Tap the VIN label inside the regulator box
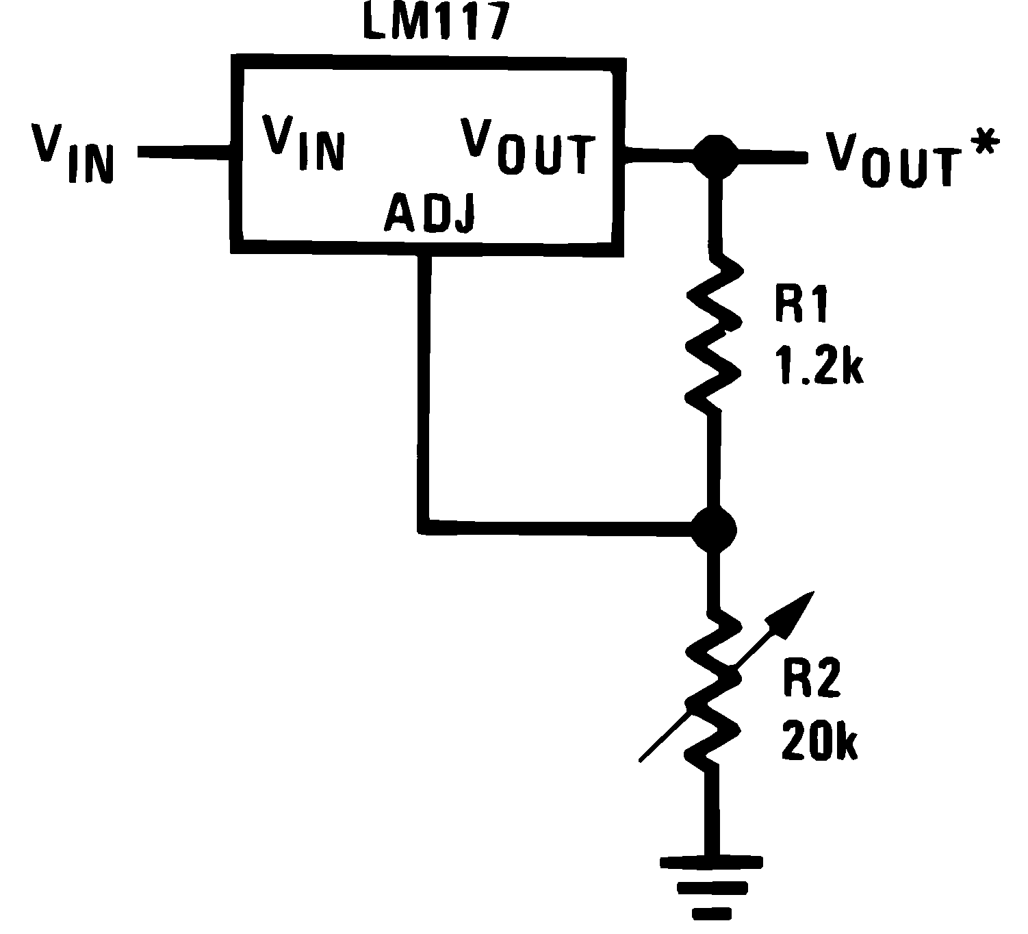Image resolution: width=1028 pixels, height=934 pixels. (x=304, y=142)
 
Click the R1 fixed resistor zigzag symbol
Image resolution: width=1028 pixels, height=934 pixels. (x=713, y=333)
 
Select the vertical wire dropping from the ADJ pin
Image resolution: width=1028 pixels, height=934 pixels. (x=424, y=390)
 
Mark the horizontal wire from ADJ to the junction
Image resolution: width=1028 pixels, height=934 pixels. (x=561, y=527)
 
